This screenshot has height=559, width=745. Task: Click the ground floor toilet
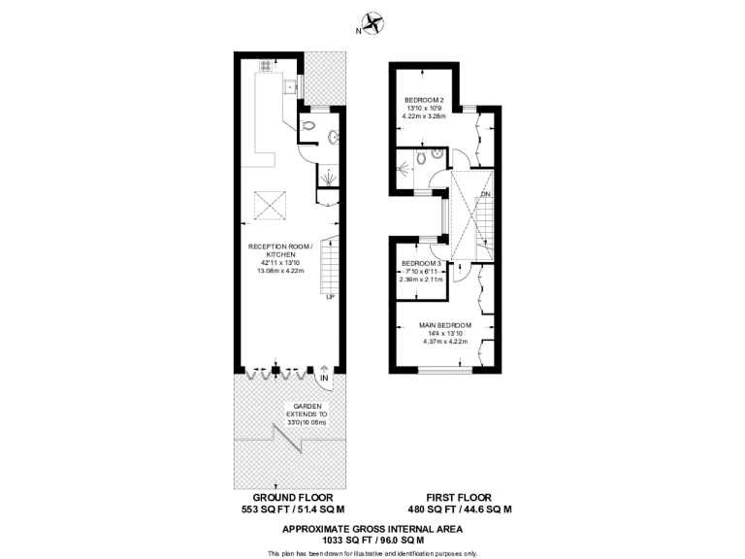(x=308, y=125)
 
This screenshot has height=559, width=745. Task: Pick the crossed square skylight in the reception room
(x=271, y=205)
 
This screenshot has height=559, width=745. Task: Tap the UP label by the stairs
(x=331, y=296)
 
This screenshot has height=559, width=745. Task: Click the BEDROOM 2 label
(x=424, y=101)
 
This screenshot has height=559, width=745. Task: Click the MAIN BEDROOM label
(x=445, y=325)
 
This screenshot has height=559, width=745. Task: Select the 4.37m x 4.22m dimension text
(x=445, y=342)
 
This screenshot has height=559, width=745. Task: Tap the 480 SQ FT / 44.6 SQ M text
(x=460, y=509)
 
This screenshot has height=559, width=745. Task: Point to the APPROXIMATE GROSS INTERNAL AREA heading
(x=372, y=528)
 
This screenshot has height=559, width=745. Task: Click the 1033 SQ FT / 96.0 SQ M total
(x=372, y=540)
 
